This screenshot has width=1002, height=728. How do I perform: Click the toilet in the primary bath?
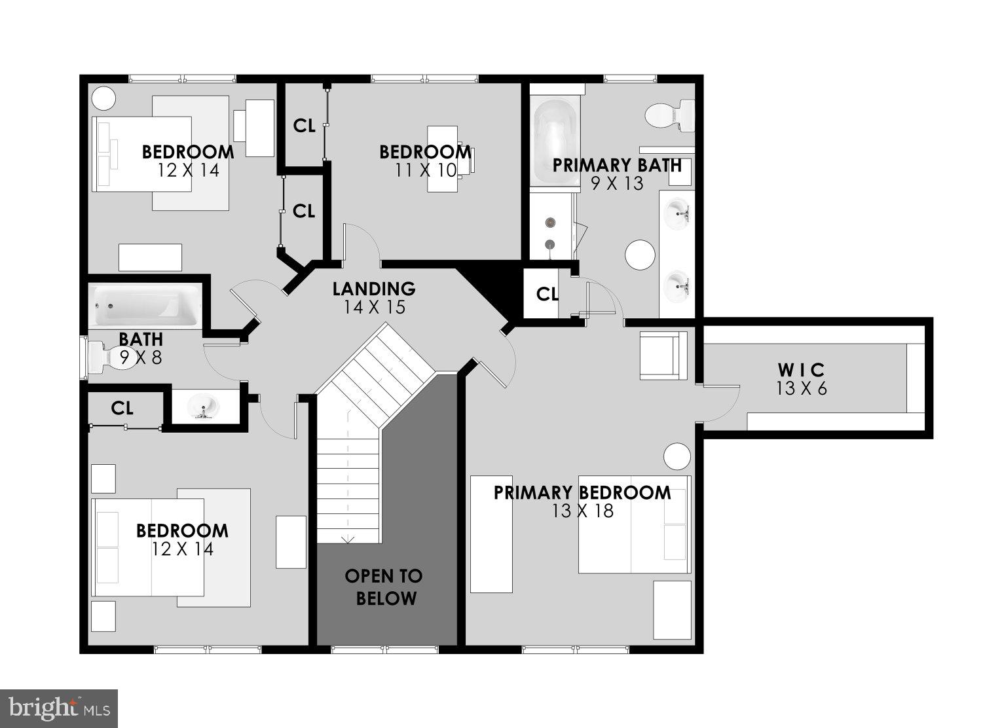tap(669, 115)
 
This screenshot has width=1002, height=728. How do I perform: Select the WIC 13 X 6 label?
tap(801, 379)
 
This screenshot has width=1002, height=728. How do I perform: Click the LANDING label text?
tap(373, 289)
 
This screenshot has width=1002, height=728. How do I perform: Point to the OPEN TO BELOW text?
tap(384, 587)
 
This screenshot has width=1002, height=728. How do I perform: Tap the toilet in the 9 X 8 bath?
tap(105, 357)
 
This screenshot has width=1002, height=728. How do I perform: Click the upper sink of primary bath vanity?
tap(678, 211)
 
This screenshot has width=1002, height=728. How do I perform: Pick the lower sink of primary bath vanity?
tap(678, 286)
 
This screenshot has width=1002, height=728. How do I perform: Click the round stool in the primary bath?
tap(640, 254)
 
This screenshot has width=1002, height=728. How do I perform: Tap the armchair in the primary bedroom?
tap(663, 355)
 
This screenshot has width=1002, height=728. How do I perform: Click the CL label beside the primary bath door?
tap(547, 295)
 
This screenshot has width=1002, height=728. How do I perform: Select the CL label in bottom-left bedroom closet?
tap(122, 409)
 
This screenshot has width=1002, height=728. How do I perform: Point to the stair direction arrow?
tap(348, 539)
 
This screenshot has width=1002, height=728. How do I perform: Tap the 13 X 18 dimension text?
tap(582, 511)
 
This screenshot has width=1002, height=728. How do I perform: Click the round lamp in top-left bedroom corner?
tap(103, 98)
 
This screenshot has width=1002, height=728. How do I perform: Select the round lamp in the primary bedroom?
tap(677, 456)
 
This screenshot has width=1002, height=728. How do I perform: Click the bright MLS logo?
tap(59, 708)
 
